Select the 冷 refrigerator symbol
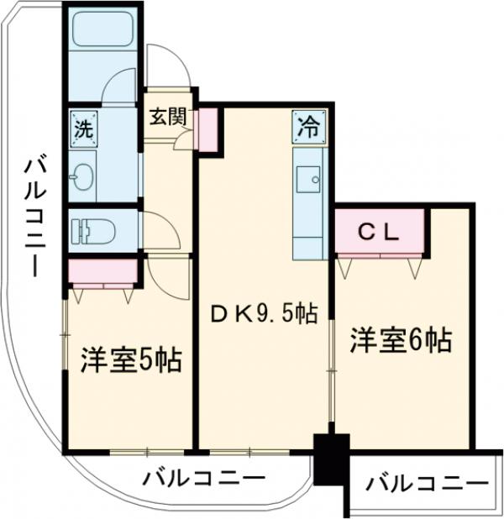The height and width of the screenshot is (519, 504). coord(307,127)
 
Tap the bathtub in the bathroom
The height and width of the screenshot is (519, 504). coord(103,33)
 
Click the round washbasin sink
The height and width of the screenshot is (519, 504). coord(85,176)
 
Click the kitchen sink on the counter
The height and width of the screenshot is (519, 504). coord(307,178)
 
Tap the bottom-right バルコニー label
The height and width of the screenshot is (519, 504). coord(426,485)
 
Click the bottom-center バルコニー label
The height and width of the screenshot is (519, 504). coord(203,480)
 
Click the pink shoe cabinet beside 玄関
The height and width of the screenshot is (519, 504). coord(207,128)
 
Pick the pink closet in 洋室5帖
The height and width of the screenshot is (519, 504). coord(102,272)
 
